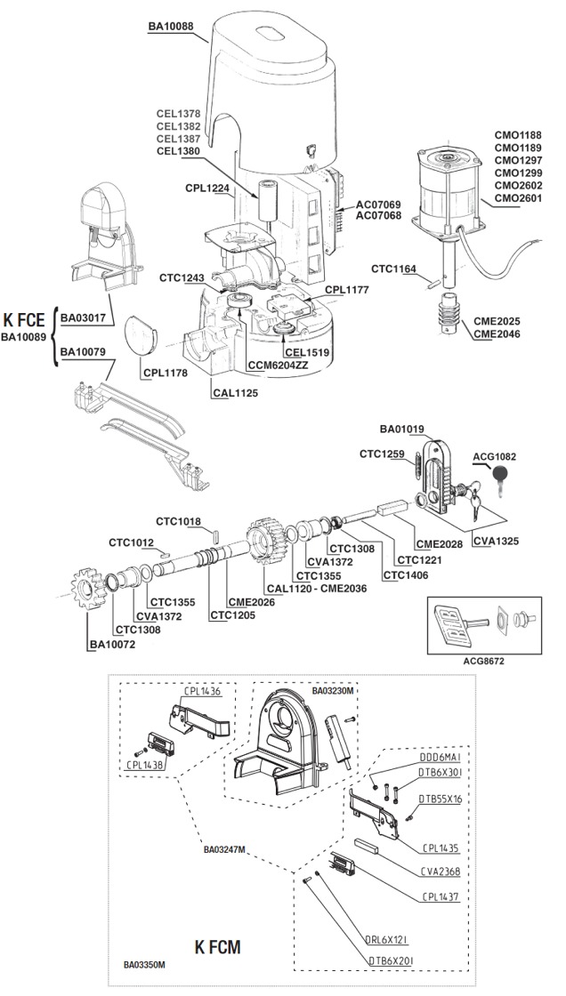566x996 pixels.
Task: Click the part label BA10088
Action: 170,27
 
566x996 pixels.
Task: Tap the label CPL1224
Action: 207,189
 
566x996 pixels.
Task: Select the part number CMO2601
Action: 519,197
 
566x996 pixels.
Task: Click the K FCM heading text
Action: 216,944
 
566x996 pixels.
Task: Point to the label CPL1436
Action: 202,691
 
